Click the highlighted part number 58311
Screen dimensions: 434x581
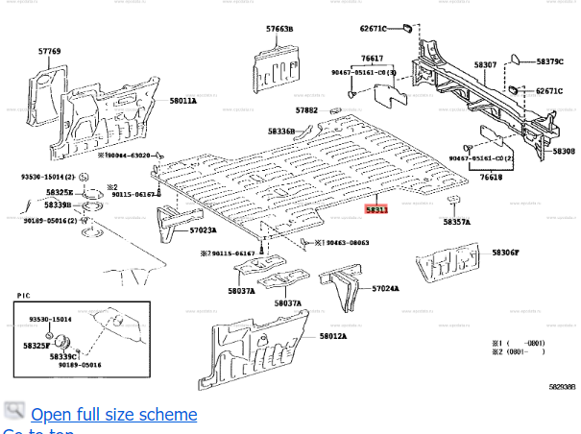375,208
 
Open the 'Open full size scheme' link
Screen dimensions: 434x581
113,414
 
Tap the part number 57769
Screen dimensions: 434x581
50,51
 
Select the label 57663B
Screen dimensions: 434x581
280,31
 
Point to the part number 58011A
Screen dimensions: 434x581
182,100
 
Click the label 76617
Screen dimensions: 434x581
372,59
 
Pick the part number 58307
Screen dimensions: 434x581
486,65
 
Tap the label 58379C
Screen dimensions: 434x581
549,61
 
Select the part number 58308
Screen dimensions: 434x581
563,151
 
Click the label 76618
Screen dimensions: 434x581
491,178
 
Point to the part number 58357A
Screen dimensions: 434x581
457,222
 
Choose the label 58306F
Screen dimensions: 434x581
505,253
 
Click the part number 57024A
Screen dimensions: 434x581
385,288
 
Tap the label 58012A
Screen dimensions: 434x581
332,336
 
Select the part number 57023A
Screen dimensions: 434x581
203,230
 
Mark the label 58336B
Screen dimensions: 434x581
281,131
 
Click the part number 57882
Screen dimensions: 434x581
305,110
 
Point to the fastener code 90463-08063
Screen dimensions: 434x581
347,243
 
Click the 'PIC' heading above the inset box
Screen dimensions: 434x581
24,297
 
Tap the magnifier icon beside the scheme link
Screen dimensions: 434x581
13,412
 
